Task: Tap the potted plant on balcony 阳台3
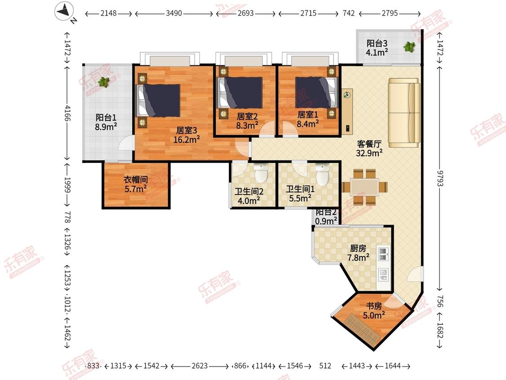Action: pos(409,47)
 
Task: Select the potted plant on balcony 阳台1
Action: pos(103,82)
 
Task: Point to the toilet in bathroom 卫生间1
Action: pos(322,173)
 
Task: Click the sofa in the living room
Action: pos(404,113)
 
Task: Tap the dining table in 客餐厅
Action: pos(365,187)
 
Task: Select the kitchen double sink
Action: pos(383,254)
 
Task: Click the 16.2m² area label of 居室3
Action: pos(187,140)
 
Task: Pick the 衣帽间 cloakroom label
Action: pos(135,179)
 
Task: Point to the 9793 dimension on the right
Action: pos(439,178)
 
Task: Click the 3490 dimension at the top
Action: pos(174,14)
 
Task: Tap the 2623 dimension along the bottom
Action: pos(200,366)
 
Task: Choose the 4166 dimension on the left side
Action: pos(67,113)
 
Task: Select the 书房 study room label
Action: pos(374,306)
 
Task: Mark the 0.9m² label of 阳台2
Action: pos(326,221)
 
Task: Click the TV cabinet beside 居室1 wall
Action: pos(348,111)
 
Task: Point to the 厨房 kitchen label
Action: pos(358,248)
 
